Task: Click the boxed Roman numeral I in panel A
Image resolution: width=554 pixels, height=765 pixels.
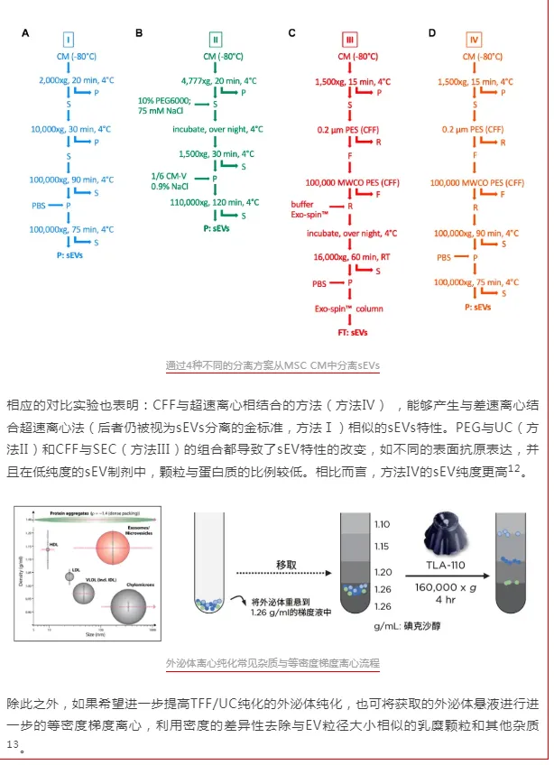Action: pos(69,39)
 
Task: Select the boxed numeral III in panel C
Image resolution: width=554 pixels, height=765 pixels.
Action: pos(350,39)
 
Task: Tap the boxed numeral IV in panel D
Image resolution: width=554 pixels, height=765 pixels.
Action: pos(475,39)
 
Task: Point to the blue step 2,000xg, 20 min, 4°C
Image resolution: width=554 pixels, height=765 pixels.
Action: pos(77,80)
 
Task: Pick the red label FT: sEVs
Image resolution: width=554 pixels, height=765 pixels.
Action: pos(350,333)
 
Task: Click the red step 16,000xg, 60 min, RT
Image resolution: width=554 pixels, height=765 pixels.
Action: pos(352,257)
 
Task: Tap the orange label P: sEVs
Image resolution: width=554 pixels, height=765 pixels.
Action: pos(478,308)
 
